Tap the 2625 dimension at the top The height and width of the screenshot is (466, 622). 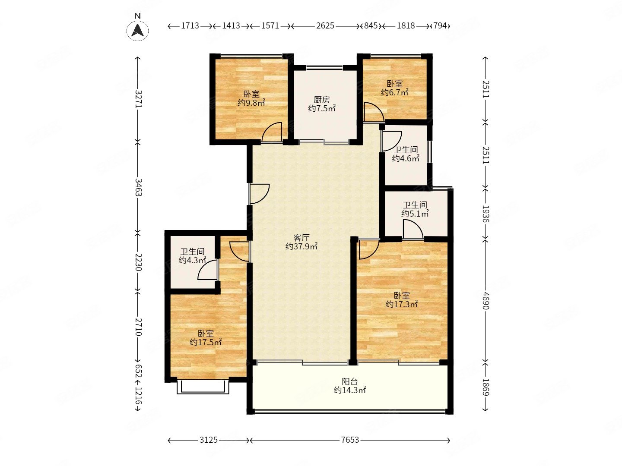tap(325, 26)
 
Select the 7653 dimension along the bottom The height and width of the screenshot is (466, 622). tap(350, 440)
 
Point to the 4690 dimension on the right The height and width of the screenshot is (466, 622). tap(486, 301)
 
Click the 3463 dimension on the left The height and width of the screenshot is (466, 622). tap(138, 187)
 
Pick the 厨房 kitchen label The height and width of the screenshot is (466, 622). tap(322, 100)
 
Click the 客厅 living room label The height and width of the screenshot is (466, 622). tap(301, 237)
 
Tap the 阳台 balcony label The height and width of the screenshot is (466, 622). tap(350, 381)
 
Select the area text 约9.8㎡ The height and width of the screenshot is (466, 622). tap(251, 103)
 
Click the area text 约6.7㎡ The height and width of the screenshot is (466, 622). tap(394, 92)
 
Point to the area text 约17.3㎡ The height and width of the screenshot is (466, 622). tap(402, 305)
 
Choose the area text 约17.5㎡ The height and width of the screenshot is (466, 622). tap(206, 342)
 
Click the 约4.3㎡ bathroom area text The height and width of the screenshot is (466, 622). tap(192, 260)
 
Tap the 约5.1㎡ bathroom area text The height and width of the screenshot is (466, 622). tap(415, 213)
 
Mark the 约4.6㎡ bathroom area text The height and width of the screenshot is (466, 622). tap(406, 158)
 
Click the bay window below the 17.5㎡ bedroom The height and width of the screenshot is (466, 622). tap(203, 387)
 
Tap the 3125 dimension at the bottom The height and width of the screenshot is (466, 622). tap(209, 440)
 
